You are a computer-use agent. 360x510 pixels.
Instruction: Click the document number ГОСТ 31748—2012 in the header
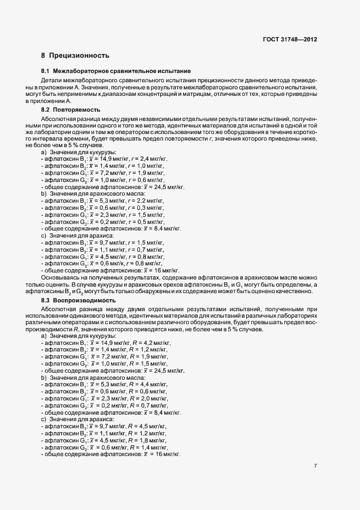[290, 40]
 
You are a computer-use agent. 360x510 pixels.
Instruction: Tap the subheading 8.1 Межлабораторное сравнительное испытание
[115, 71]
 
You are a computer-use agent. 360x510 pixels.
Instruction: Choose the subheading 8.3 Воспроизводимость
[83, 300]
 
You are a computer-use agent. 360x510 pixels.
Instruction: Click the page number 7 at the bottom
[315, 466]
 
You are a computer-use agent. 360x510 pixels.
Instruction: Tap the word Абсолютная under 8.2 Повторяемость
[57, 118]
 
